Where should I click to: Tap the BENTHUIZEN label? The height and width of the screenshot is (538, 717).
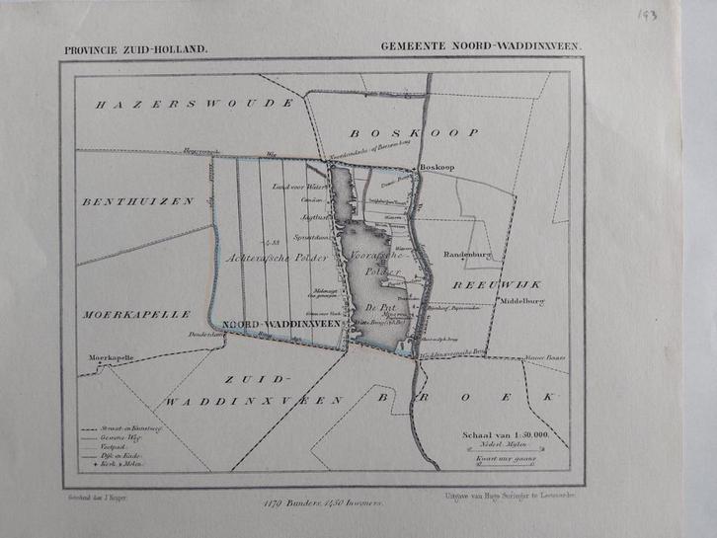coord(138,200)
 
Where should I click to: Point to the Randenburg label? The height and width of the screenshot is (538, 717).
coord(468,251)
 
